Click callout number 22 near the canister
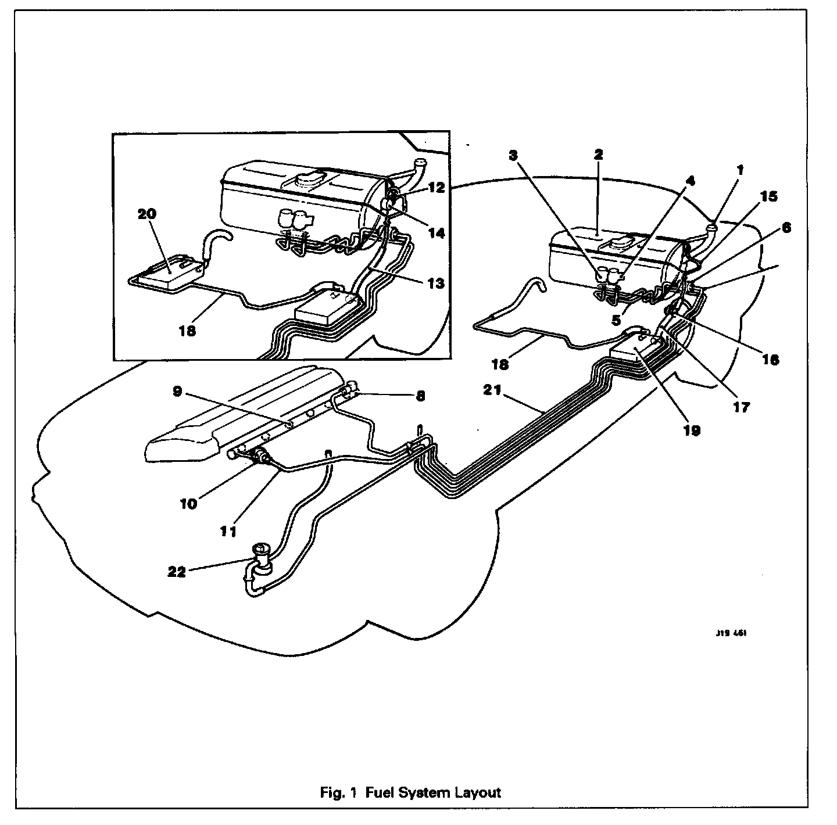[177, 572]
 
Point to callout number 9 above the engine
[178, 392]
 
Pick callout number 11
[228, 531]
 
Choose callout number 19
[692, 431]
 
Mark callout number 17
[742, 407]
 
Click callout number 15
[768, 197]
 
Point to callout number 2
[598, 155]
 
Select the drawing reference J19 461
[731, 634]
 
